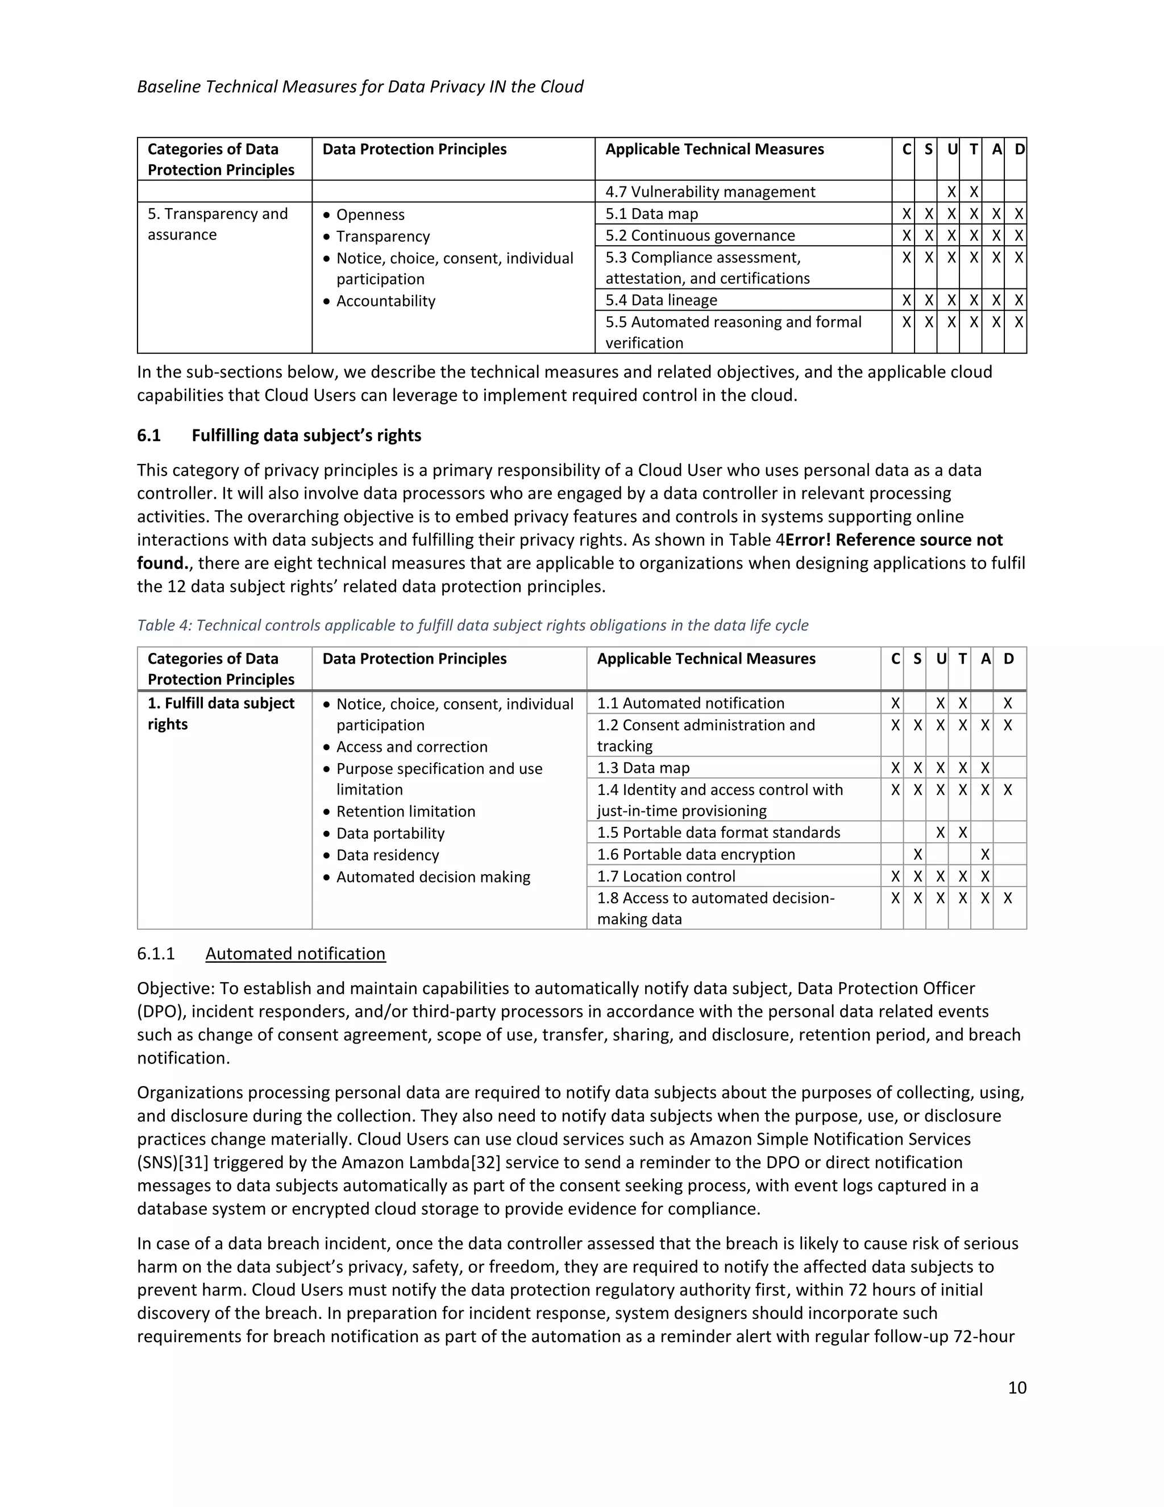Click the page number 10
1016,1387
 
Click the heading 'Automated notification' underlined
295,954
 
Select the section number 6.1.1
156,954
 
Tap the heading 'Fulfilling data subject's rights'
306,436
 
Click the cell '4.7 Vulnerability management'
710,192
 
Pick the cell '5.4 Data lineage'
662,300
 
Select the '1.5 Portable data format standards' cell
718,832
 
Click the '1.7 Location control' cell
666,876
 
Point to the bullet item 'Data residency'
387,855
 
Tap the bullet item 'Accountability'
385,301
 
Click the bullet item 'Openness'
371,214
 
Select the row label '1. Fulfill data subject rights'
221,714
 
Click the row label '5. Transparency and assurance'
217,224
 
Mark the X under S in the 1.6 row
917,854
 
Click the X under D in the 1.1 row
1008,703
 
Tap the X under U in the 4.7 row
951,192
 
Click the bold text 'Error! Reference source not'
893,540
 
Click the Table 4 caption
472,625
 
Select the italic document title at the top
360,86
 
